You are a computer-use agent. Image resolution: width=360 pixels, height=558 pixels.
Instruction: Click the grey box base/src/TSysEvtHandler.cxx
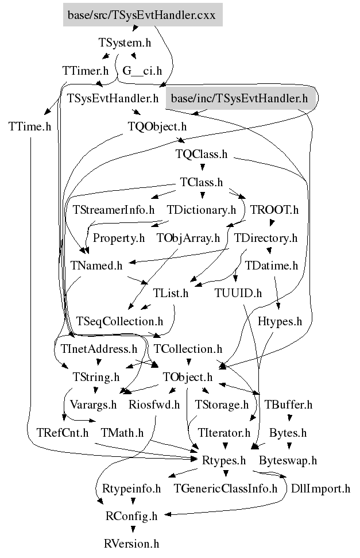pyautogui.click(x=141, y=15)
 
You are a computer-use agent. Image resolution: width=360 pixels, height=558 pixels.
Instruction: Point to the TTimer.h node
pyautogui.click(x=85, y=71)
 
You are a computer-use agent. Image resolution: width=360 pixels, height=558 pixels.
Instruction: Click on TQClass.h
pyautogui.click(x=202, y=154)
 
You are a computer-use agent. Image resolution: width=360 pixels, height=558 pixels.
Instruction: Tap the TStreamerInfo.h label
pyautogui.click(x=114, y=210)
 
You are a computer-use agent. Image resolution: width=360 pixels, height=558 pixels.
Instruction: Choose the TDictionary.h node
pyautogui.click(x=202, y=210)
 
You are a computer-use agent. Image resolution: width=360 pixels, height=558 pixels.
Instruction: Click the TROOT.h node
pyautogui.click(x=274, y=210)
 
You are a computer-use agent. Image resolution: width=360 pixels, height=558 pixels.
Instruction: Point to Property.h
pyautogui.click(x=119, y=237)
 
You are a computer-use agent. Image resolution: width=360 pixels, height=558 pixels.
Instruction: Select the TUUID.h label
pyautogui.click(x=238, y=293)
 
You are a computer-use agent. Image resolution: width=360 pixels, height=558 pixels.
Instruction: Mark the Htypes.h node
pyautogui.click(x=280, y=321)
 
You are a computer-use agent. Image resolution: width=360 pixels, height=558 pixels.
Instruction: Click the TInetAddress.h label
pyautogui.click(x=99, y=349)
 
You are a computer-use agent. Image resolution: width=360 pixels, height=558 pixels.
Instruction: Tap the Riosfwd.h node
pyautogui.click(x=154, y=405)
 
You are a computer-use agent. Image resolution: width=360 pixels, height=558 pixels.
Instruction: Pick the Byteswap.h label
pyautogui.click(x=288, y=460)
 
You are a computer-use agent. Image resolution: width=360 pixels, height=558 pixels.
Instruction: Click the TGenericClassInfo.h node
pyautogui.click(x=226, y=488)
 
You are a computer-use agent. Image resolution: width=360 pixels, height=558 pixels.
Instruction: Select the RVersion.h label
pyautogui.click(x=131, y=544)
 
